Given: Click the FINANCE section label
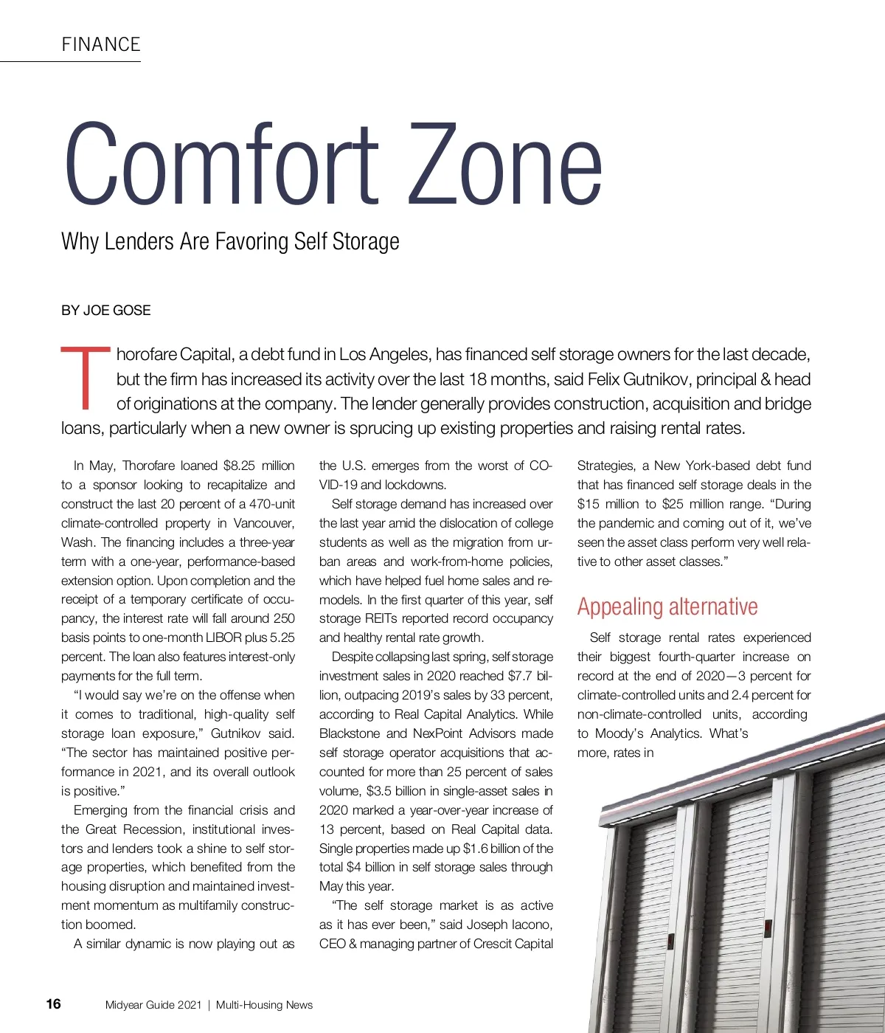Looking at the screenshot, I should (x=101, y=44).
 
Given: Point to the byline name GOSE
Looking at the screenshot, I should (x=131, y=310).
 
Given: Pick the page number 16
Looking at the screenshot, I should (x=53, y=1003).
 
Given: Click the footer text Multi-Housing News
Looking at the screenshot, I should (x=264, y=1005).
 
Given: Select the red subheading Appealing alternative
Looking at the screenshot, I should (x=667, y=607).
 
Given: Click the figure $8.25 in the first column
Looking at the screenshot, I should (x=239, y=466).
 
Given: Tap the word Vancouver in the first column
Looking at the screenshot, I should (x=263, y=523).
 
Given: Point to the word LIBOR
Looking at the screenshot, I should (x=223, y=638).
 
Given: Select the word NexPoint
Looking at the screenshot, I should (x=439, y=733).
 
